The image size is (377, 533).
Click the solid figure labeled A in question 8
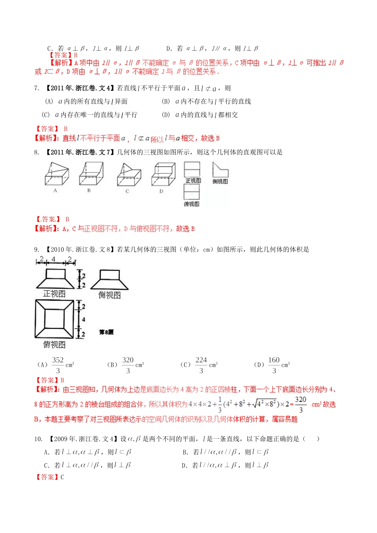click(x=56, y=174)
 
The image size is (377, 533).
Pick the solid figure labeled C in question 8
click(x=129, y=175)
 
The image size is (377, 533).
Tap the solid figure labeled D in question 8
click(x=163, y=174)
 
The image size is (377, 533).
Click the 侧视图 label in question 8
click(x=220, y=181)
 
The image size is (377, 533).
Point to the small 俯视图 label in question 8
click(x=191, y=204)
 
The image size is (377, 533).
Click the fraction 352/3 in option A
click(x=58, y=365)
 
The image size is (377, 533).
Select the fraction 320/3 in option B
click(x=128, y=365)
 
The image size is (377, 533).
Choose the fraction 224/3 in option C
click(x=201, y=365)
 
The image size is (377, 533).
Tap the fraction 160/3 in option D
click(x=274, y=365)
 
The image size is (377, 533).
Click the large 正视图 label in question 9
click(x=54, y=294)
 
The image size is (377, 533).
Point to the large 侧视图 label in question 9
click(x=110, y=295)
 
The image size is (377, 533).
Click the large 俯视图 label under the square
click(x=54, y=345)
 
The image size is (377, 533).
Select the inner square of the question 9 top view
click(x=54, y=319)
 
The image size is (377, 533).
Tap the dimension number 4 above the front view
click(x=54, y=259)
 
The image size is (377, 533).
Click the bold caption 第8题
click(x=106, y=332)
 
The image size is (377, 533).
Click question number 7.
click(x=37, y=88)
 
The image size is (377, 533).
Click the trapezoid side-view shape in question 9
click(x=110, y=280)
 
